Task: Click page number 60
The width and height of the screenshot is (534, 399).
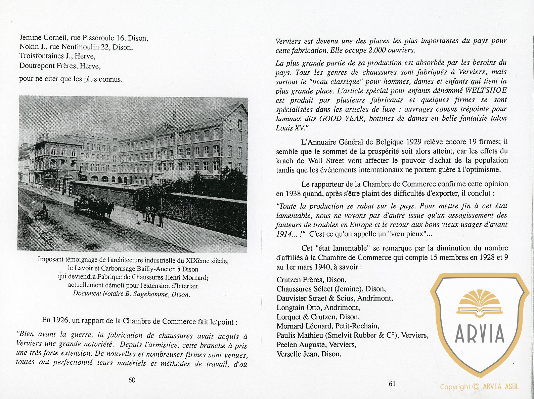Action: click(x=132, y=380)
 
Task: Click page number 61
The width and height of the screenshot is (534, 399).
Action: click(x=392, y=384)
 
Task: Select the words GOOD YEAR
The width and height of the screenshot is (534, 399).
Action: click(x=342, y=119)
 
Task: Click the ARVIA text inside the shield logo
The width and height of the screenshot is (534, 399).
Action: click(x=480, y=333)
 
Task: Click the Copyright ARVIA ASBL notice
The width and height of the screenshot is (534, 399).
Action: click(x=480, y=387)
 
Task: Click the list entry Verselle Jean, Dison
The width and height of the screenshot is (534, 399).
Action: click(x=309, y=354)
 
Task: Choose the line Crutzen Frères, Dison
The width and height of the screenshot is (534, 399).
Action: click(x=311, y=280)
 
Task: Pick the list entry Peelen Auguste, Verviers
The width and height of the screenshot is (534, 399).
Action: click(x=316, y=345)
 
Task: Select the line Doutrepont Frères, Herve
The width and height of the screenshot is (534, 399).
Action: click(x=60, y=66)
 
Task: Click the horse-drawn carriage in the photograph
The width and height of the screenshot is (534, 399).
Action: click(x=94, y=206)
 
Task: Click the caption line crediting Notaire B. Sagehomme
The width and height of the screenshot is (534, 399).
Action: click(x=131, y=294)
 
